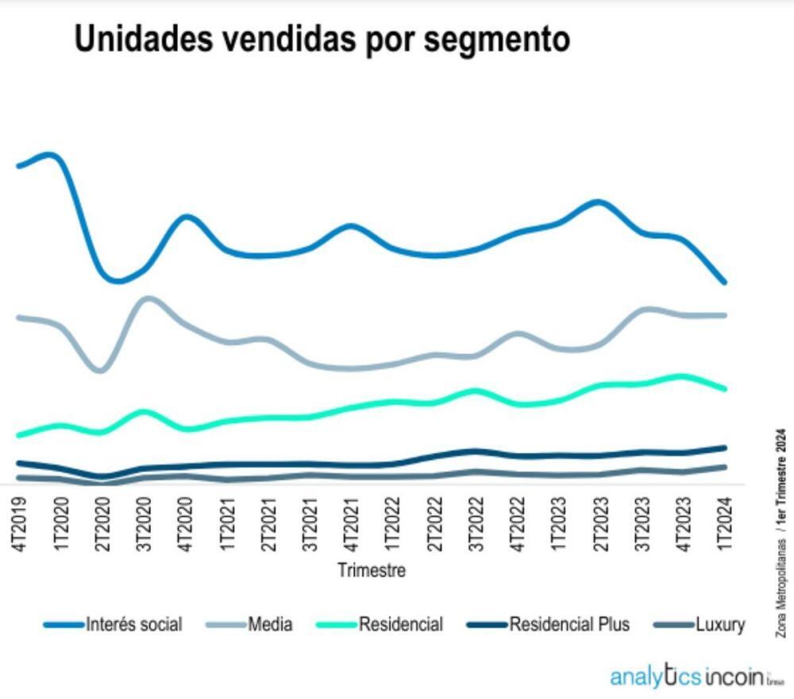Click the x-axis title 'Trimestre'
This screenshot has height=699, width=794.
(x=371, y=570)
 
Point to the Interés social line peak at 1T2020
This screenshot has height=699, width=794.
(x=52, y=154)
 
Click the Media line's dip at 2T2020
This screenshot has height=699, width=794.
(x=100, y=370)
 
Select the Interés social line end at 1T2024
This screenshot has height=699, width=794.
(x=723, y=281)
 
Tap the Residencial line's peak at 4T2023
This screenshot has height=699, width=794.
(x=681, y=376)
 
